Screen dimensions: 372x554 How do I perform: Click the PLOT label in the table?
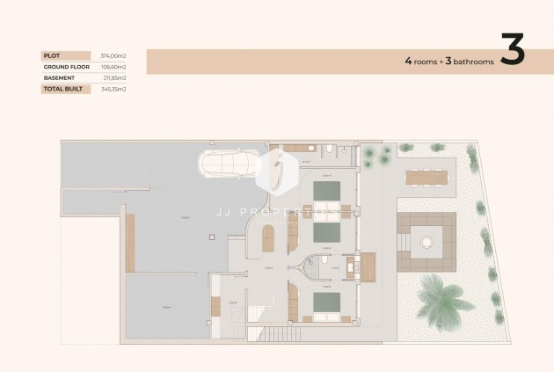pyautogui.click(x=51, y=55)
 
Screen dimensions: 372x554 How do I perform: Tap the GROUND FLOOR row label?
pyautogui.click(x=65, y=67)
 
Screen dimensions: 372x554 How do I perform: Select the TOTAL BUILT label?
pyautogui.click(x=62, y=89)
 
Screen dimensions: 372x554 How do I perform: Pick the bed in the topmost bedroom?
pyautogui.click(x=327, y=191)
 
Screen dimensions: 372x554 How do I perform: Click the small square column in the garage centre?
pyautogui.click(x=210, y=236)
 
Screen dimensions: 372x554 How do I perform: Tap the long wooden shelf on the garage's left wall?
pyautogui.click(x=130, y=243)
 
